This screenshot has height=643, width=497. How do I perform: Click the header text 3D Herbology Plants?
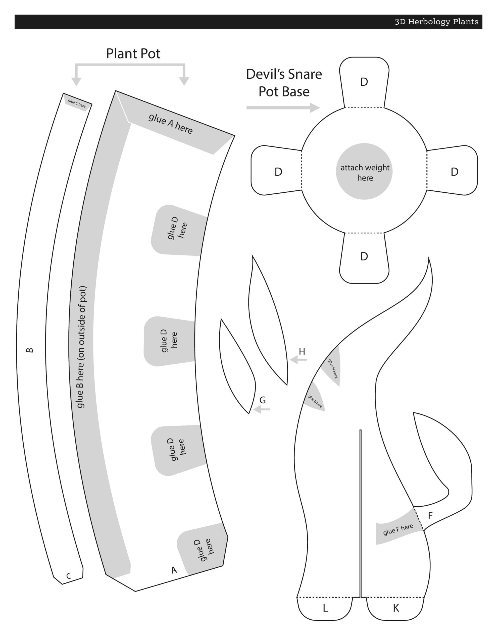(437, 22)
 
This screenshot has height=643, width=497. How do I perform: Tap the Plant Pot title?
(133, 53)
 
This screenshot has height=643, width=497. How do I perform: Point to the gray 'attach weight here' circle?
(364, 172)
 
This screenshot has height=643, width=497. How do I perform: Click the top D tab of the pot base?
(364, 82)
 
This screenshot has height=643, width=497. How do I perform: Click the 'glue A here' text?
(171, 124)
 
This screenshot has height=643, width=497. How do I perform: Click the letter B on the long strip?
(30, 350)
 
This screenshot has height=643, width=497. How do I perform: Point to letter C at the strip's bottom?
(69, 576)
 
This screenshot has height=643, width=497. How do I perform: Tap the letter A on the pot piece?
(174, 570)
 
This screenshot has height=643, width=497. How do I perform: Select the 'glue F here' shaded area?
(398, 530)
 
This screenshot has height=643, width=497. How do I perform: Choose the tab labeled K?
(396, 608)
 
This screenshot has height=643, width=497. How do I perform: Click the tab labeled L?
(325, 608)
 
